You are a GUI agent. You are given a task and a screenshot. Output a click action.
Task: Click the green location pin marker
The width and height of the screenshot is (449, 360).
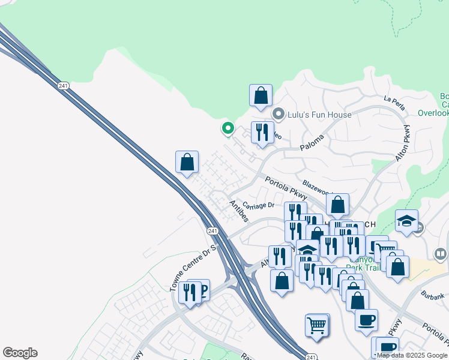click(x=228, y=128)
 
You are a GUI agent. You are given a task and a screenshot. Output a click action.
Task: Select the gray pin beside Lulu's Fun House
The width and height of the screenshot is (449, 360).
click(x=279, y=113)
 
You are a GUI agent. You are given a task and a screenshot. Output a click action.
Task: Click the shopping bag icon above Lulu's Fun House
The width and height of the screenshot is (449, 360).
click(x=261, y=95)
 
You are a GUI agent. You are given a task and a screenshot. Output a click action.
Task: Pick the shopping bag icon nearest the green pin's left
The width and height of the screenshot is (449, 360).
click(x=187, y=162)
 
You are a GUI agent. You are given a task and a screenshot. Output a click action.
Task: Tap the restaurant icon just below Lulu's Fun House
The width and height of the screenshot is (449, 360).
click(x=262, y=133)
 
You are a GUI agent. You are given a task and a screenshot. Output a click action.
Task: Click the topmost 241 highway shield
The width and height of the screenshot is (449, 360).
click(x=64, y=86)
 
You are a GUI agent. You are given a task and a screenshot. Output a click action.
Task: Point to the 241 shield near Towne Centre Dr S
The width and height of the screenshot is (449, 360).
click(x=212, y=231)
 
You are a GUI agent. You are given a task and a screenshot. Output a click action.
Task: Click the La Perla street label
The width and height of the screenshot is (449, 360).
click(x=394, y=103)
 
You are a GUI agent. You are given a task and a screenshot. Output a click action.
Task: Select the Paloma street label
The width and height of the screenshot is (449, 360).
click(x=312, y=142)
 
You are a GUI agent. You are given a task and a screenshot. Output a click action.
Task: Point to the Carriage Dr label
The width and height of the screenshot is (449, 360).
click(x=259, y=205)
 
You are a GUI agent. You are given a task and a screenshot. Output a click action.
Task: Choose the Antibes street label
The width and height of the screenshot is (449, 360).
click(x=238, y=211)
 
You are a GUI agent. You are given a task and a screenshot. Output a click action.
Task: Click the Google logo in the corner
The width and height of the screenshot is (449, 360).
click(x=20, y=353)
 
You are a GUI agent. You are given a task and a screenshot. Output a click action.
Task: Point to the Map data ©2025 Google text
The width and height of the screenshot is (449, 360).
click(x=412, y=355)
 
